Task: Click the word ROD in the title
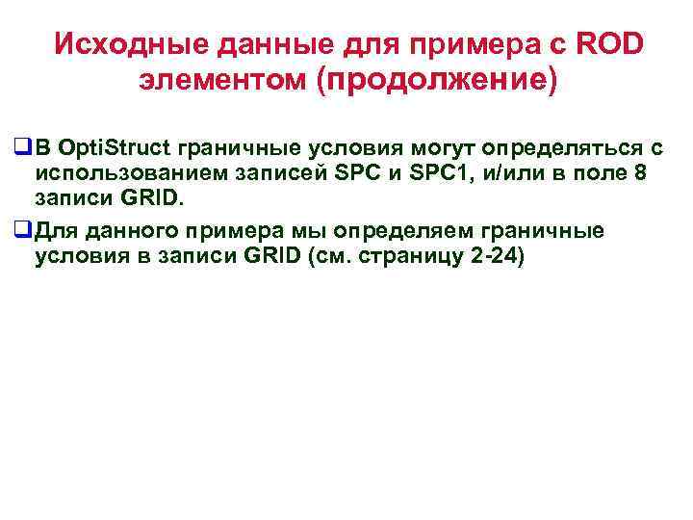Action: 611,45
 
